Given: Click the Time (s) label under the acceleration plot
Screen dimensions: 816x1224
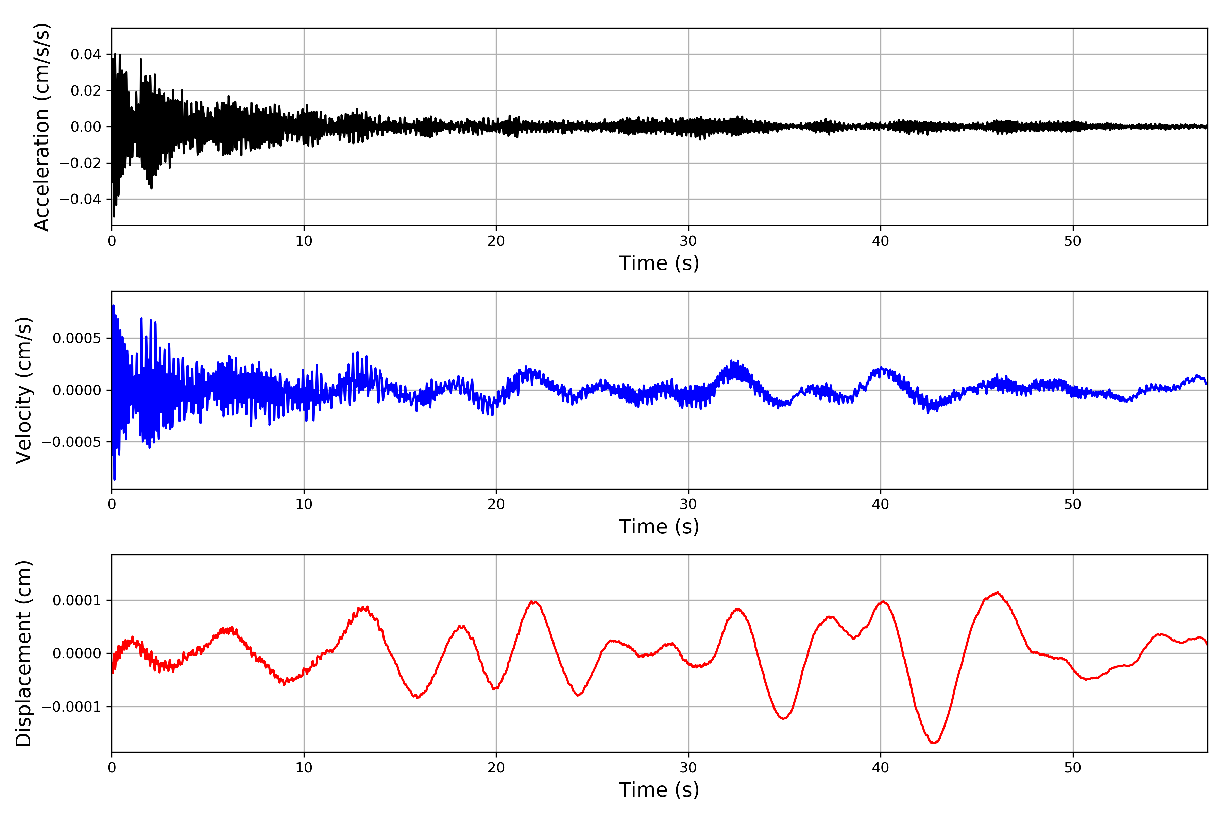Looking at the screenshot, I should point(659,263).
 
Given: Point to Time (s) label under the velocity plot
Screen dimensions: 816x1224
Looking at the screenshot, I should point(659,527).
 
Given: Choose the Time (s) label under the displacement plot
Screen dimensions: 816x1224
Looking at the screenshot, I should point(659,790).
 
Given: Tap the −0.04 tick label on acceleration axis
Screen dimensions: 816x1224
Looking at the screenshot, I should point(81,199).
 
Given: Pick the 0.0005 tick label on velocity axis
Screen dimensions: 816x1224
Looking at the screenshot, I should point(77,338).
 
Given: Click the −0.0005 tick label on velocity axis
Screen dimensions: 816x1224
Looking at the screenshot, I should point(72,442).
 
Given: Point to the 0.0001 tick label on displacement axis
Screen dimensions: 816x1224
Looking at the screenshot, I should point(77,600).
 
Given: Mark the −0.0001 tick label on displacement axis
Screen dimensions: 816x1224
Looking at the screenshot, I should point(72,707).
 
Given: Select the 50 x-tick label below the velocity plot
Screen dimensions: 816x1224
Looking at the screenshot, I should point(1073,504).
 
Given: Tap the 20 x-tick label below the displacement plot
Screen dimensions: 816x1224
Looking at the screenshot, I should point(496,768).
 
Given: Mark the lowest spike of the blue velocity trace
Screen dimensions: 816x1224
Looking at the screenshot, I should point(115,479).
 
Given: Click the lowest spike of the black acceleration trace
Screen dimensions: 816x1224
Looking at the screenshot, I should point(114,216).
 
